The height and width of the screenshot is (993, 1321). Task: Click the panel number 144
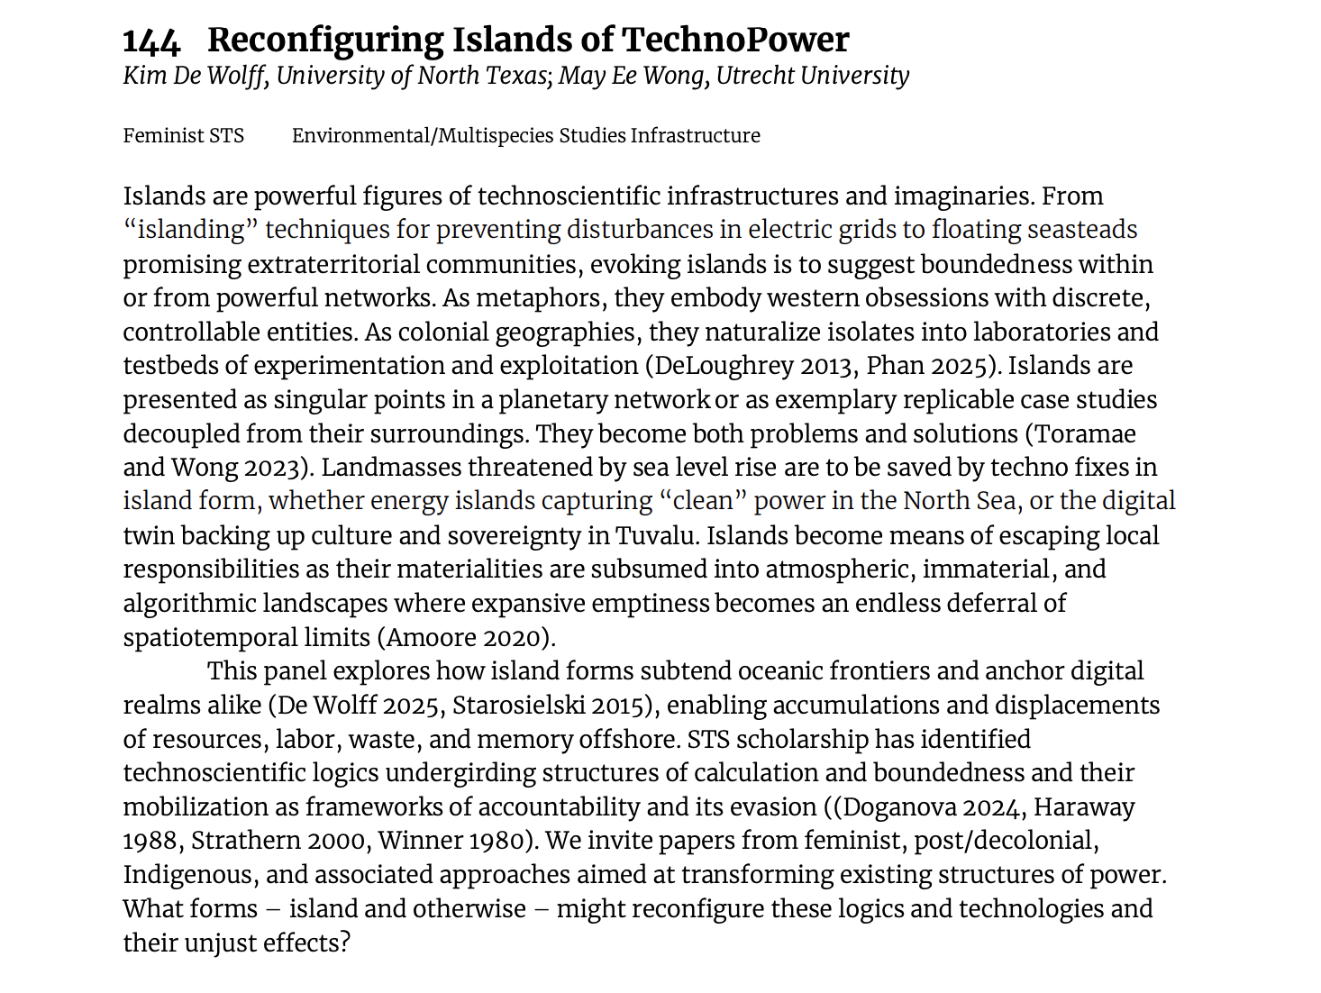tap(151, 41)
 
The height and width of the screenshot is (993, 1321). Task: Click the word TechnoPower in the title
tap(735, 41)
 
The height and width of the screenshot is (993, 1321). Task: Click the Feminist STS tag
tap(184, 136)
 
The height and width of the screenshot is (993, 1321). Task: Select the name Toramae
tap(1085, 434)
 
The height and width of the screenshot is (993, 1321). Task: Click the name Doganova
tap(896, 807)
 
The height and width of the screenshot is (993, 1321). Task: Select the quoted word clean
tap(702, 502)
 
